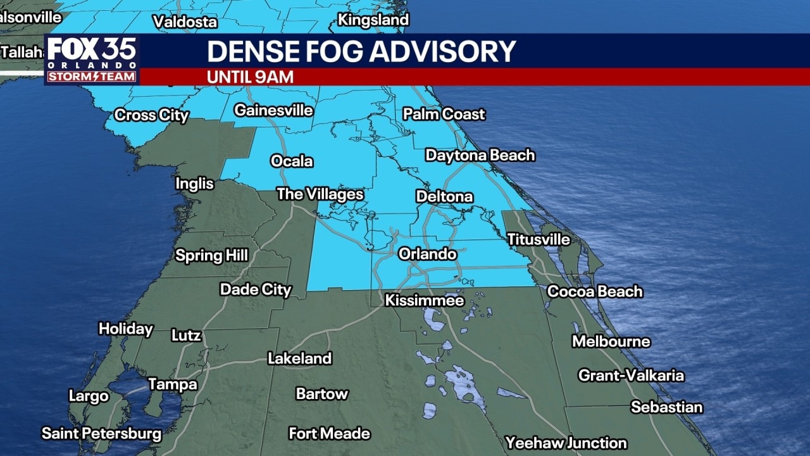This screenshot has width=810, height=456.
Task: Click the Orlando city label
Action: click(x=427, y=254)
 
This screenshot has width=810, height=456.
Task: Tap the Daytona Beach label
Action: click(x=480, y=155)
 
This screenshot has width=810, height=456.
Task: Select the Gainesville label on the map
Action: click(x=273, y=110)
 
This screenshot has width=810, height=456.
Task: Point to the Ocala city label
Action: click(x=292, y=161)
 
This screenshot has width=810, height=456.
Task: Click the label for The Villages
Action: click(x=320, y=194)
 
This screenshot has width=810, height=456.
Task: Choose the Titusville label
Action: click(x=539, y=239)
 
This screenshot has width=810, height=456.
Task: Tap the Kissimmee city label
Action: click(x=425, y=300)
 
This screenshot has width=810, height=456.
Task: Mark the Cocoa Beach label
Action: click(x=594, y=291)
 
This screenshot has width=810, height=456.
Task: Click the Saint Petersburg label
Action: click(x=101, y=434)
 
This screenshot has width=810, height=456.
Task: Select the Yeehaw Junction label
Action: click(x=566, y=443)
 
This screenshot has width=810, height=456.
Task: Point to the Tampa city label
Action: click(x=172, y=384)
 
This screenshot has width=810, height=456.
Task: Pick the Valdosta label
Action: click(x=185, y=22)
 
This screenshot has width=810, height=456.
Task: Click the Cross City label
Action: click(x=151, y=115)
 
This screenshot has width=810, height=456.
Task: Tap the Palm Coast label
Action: click(x=444, y=114)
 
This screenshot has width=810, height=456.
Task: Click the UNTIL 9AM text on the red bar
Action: click(x=250, y=77)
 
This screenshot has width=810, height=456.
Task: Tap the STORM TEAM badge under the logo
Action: click(x=92, y=77)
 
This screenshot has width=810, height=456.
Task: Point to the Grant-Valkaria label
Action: click(x=630, y=376)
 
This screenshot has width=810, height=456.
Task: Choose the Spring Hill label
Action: click(x=211, y=256)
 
